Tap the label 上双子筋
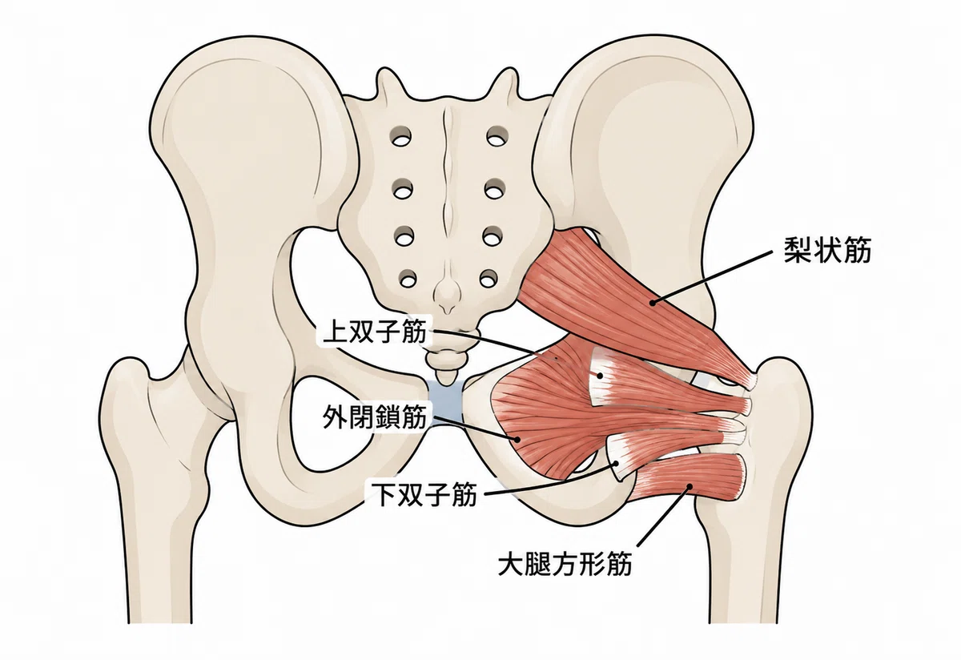click(376, 332)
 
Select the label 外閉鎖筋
click(376, 417)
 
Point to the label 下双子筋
click(424, 495)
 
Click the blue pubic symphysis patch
click(446, 403)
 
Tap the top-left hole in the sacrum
click(400, 138)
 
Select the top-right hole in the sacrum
click(497, 137)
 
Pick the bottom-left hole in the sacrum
click(405, 280)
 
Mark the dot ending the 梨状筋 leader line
click(653, 303)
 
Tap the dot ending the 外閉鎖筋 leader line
click(517, 439)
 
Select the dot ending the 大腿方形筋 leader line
click(690, 487)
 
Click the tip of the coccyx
click(447, 383)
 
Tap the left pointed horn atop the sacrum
click(385, 71)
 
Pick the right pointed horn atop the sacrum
click(509, 71)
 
